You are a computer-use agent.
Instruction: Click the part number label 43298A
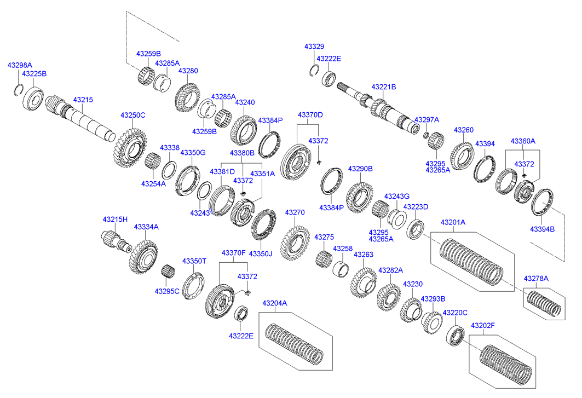click(x=20, y=65)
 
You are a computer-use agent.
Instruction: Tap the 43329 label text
click(x=314, y=48)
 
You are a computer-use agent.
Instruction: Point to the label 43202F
click(x=482, y=326)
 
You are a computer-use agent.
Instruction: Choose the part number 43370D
click(x=310, y=115)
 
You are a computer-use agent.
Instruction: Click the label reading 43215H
click(x=115, y=220)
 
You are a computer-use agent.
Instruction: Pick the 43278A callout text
click(x=536, y=279)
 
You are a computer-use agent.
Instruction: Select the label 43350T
click(x=194, y=261)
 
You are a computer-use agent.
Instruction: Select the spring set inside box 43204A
click(x=294, y=343)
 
